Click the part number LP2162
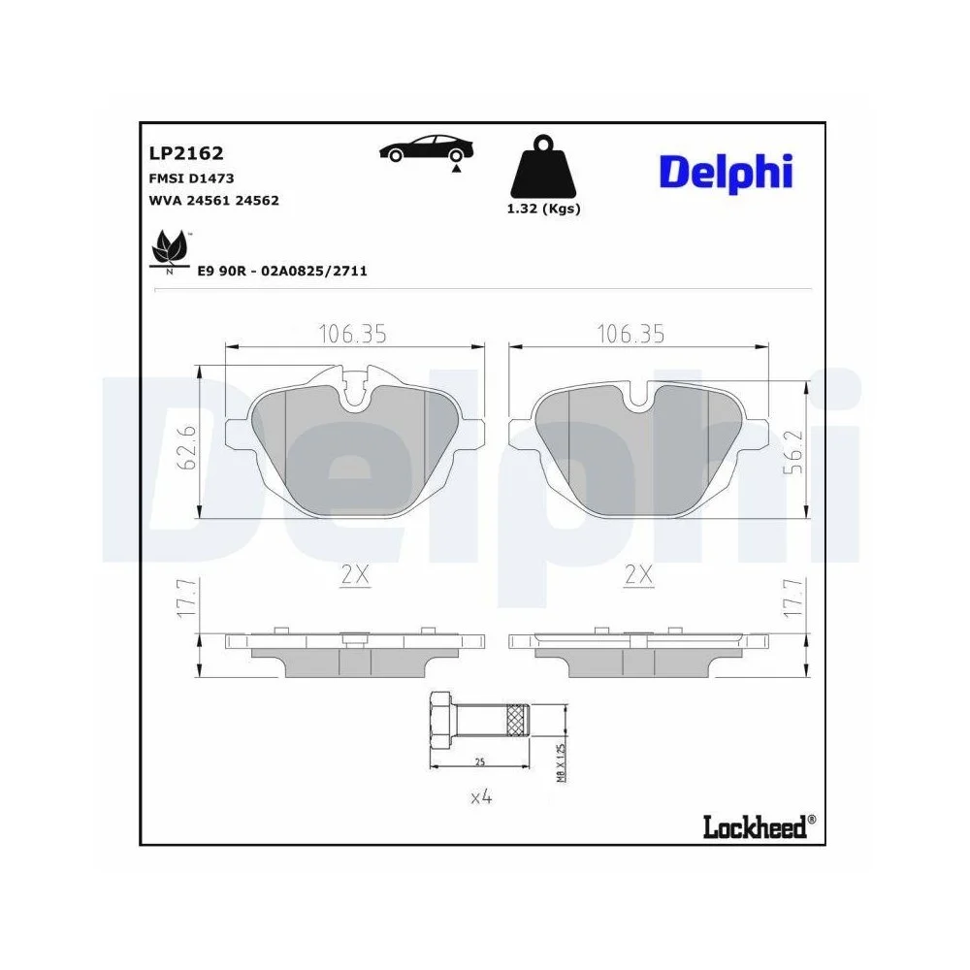pyautogui.click(x=185, y=152)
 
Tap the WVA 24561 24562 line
pyautogui.click(x=213, y=201)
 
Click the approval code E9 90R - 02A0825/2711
pyautogui.click(x=281, y=272)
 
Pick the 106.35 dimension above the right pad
pyautogui.click(x=630, y=334)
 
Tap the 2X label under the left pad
pyautogui.click(x=356, y=574)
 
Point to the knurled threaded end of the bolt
pyautogui.click(x=515, y=720)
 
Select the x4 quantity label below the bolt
pyautogui.click(x=481, y=797)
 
